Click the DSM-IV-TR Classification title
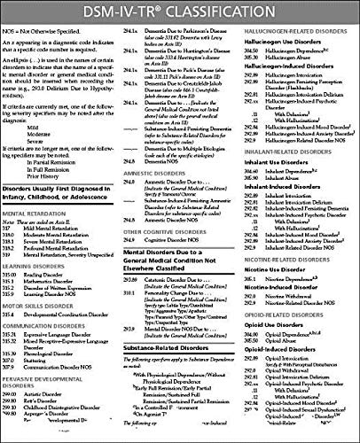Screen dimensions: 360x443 (x=180, y=12)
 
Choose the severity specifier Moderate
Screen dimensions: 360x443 (x=44, y=177)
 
